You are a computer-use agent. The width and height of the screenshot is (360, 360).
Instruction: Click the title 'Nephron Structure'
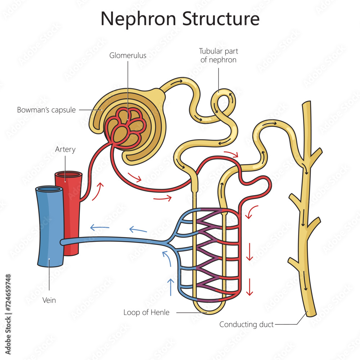[180, 19]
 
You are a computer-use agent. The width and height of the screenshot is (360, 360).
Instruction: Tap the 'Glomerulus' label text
[128, 55]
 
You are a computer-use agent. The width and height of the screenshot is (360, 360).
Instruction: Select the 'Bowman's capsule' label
[46, 110]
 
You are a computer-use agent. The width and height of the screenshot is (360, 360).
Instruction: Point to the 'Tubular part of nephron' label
[218, 56]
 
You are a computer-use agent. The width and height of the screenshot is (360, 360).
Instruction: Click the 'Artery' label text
[65, 149]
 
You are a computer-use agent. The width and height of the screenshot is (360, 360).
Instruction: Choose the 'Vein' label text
[49, 300]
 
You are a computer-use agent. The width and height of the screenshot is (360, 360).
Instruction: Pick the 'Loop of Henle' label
[146, 312]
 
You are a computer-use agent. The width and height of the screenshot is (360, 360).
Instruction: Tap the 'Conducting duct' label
[247, 324]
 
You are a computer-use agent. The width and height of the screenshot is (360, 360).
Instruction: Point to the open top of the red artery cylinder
[68, 175]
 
